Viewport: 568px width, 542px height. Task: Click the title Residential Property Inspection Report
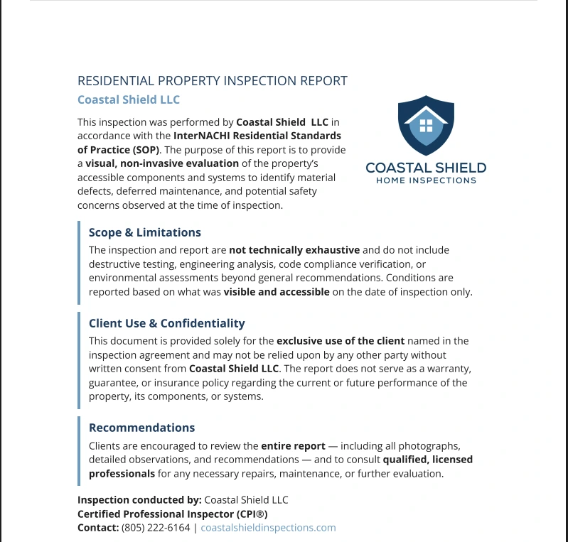click(212, 81)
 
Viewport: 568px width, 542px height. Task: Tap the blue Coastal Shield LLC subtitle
click(128, 99)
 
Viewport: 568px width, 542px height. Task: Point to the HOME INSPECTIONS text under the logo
click(426, 180)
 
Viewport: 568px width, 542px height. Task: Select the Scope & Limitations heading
click(144, 232)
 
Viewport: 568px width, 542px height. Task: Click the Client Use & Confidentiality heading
click(166, 323)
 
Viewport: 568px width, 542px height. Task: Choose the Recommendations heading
click(141, 428)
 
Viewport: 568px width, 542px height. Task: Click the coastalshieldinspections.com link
click(268, 528)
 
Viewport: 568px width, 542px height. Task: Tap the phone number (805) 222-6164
click(156, 528)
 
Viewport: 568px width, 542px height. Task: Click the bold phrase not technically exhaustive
click(294, 250)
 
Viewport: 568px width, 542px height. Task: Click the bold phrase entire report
click(293, 446)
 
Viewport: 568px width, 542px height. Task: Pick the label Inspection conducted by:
click(139, 500)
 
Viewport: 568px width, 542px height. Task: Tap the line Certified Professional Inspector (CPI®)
click(172, 514)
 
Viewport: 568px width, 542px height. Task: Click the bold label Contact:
click(98, 528)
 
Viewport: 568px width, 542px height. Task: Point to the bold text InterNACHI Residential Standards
click(257, 135)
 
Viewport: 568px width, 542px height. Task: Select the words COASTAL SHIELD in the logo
click(426, 168)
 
